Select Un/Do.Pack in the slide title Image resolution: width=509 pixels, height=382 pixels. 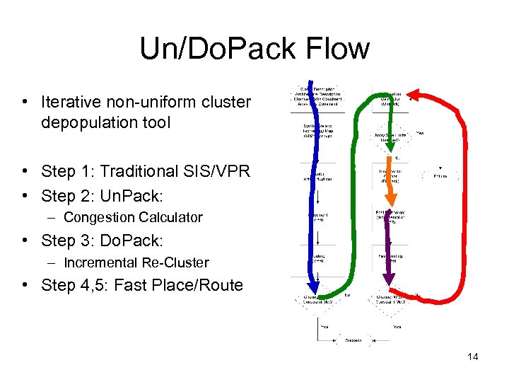(x=218, y=49)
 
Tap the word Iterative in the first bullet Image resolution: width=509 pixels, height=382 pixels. (x=70, y=102)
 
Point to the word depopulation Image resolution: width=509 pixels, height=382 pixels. (x=83, y=122)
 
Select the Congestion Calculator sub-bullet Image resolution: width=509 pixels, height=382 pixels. (x=133, y=217)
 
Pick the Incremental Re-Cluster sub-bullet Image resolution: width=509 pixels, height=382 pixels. (x=136, y=262)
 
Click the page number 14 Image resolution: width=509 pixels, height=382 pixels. (x=472, y=357)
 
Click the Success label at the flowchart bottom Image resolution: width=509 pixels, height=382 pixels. (x=353, y=340)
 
